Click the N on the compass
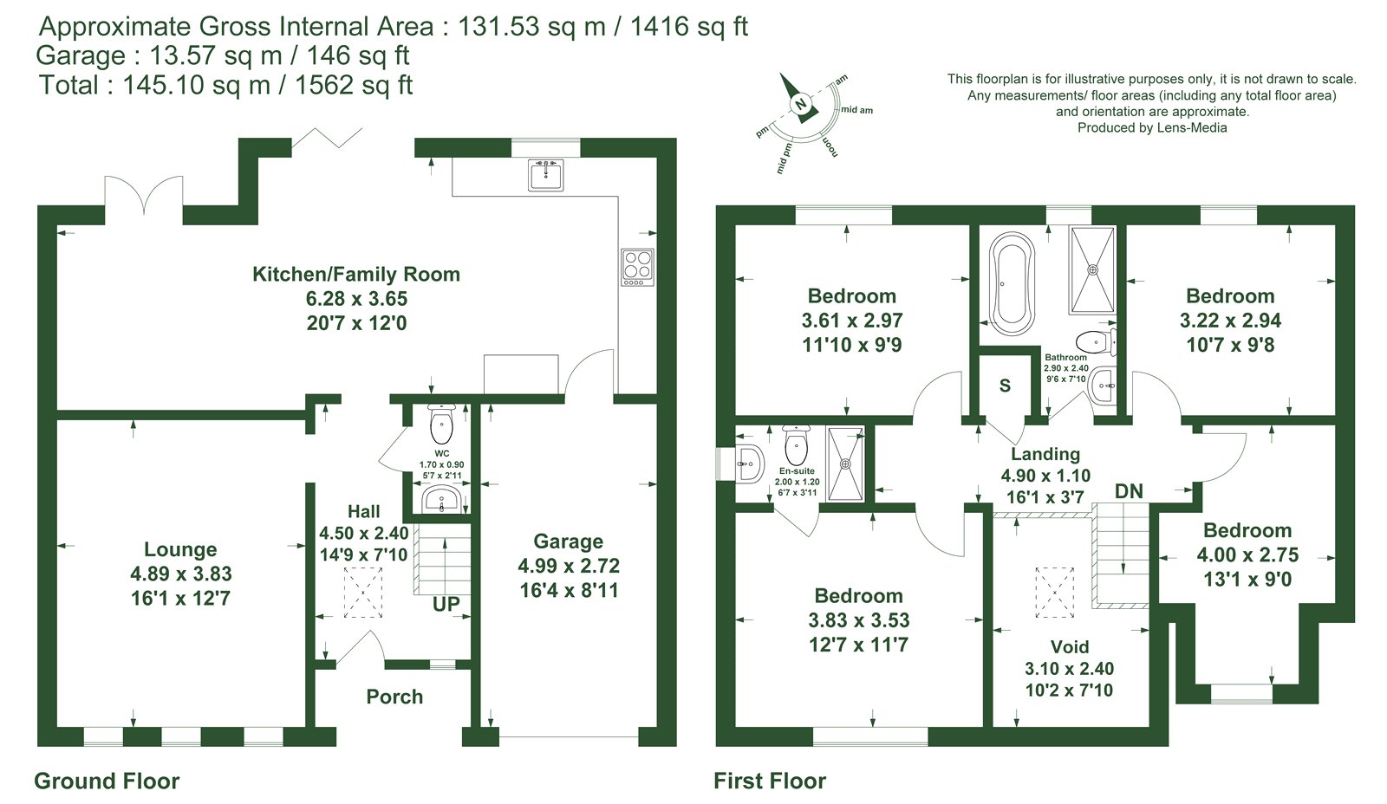tap(801, 104)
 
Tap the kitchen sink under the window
tap(546, 175)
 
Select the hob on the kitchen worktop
tap(638, 268)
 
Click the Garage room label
tap(568, 541)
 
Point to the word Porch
tap(394, 697)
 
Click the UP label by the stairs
tap(446, 604)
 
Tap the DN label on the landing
tap(1128, 491)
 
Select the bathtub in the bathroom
tap(1012, 284)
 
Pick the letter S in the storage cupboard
tap(1005, 386)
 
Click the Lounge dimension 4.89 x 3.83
tap(181, 574)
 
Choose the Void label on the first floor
tap(1070, 647)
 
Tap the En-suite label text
tap(797, 471)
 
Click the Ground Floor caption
tap(107, 781)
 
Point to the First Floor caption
tap(770, 781)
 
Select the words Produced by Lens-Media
tap(1152, 127)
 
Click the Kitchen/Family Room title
tap(356, 274)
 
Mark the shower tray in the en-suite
tap(845, 463)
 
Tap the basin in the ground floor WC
tap(441, 500)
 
